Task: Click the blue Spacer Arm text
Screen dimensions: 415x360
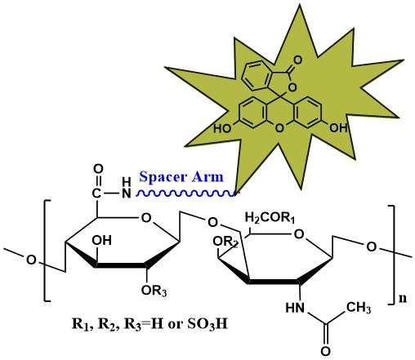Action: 181,177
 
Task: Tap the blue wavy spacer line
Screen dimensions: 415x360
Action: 185,193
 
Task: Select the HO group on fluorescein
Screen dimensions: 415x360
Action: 222,128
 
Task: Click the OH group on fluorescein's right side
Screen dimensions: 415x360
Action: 338,127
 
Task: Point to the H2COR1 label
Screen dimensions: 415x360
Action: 270,218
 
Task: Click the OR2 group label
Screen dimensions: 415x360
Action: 225,242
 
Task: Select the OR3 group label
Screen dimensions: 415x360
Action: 154,291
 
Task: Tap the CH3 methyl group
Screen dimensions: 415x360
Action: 359,308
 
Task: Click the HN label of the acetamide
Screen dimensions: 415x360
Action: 295,308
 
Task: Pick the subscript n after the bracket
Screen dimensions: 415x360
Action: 403,299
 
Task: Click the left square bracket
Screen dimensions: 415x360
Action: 47,251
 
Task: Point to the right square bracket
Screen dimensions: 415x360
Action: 391,255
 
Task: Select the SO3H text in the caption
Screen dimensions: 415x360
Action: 207,324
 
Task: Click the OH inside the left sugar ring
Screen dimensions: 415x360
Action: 101,240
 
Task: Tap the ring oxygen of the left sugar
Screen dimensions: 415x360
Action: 146,218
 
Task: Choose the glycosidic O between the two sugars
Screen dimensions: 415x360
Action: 213,222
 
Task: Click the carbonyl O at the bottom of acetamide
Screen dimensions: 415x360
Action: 325,351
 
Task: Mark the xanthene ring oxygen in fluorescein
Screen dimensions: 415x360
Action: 279,128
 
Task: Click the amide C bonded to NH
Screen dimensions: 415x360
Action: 96,193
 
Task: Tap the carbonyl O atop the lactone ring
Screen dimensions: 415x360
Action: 297,60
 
